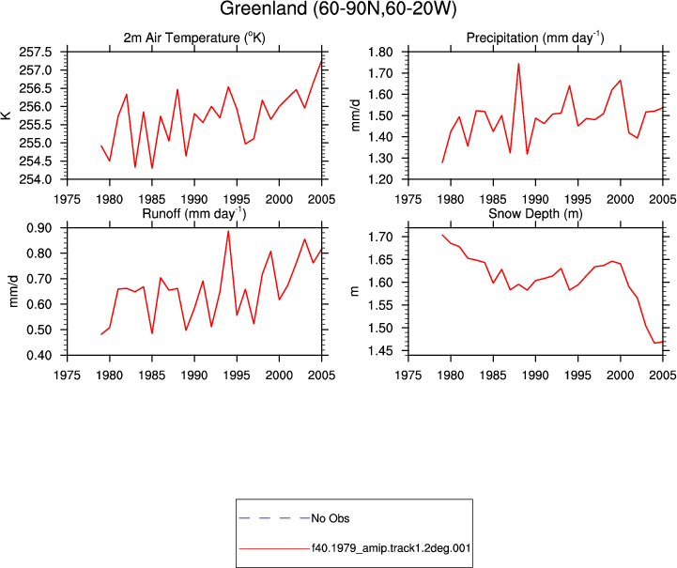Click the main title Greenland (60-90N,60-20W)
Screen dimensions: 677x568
[338, 8]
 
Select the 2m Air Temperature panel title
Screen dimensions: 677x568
[194, 38]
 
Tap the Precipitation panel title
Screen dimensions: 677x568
[535, 38]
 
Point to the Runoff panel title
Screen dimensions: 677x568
[194, 214]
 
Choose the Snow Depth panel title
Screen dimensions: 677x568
[535, 214]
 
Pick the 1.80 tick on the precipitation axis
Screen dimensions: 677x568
[380, 53]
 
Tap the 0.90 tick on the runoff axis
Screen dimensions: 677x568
[39, 228]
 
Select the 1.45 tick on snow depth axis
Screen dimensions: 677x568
[380, 351]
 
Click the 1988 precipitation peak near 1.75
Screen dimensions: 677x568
[518, 64]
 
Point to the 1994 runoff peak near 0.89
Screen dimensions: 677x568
[228, 231]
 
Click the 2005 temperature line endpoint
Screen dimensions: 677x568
[322, 61]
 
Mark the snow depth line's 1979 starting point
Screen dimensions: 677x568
[442, 235]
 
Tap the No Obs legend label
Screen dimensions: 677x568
[331, 518]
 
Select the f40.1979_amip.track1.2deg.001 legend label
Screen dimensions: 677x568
[391, 548]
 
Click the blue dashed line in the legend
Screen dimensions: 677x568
[274, 518]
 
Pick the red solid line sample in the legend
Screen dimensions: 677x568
[274, 548]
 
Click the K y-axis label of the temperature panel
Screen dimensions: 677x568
[7, 115]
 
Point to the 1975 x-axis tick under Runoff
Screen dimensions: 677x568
[67, 376]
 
